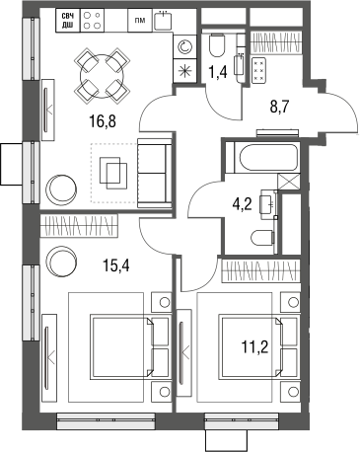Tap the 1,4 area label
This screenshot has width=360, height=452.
tap(219, 69)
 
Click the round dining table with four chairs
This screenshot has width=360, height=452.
tap(104, 72)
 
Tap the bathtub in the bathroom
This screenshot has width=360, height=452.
tap(260, 158)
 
